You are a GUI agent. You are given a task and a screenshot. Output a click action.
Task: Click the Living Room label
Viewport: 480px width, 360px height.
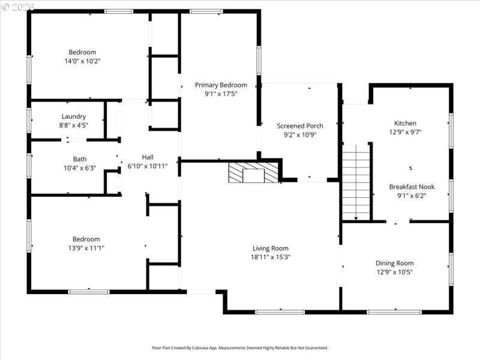[x=270, y=248]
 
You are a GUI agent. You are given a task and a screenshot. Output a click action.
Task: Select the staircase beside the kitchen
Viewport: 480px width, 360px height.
[x=356, y=182]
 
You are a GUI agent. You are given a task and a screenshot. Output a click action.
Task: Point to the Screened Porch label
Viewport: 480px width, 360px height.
[x=300, y=125]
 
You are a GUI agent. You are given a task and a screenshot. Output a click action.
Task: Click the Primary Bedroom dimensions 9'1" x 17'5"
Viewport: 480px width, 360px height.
[x=221, y=94]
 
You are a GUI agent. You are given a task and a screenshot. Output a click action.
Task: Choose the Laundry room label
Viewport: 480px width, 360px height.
[x=74, y=116]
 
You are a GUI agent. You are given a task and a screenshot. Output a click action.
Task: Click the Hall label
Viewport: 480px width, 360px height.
[x=148, y=157]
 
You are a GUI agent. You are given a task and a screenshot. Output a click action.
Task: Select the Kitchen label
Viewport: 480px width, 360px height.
[x=405, y=124]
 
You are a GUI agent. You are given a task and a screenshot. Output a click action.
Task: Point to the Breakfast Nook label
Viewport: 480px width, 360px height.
[x=411, y=187]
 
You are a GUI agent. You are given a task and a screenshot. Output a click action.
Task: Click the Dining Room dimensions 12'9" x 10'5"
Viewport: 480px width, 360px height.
[x=394, y=272]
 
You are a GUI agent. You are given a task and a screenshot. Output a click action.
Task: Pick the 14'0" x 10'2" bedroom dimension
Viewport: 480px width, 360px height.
[x=82, y=61]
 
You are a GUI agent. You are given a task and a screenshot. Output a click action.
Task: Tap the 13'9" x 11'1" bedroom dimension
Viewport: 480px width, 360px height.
[x=86, y=248]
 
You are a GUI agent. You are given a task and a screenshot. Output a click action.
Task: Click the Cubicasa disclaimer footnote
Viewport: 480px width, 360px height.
[x=240, y=347]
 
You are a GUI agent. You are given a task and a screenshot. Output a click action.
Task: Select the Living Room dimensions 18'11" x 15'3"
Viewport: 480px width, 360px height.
[x=270, y=257]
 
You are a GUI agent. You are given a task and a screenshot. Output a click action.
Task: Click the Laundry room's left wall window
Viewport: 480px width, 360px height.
[x=28, y=120]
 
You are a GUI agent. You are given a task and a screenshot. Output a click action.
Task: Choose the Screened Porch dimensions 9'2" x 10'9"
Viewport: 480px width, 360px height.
[x=300, y=134]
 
